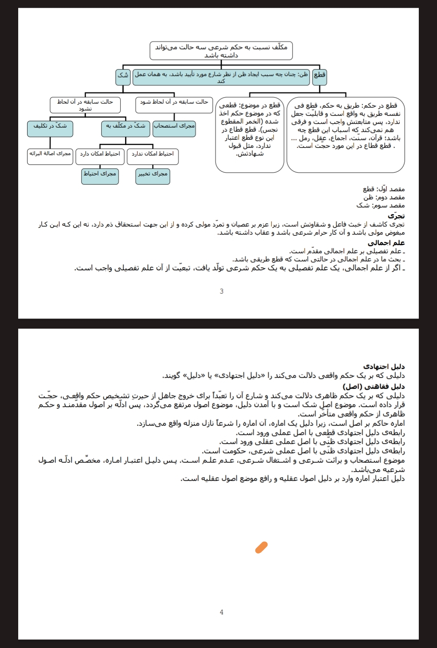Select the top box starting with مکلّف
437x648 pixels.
click(221, 51)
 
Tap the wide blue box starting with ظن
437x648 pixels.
click(221, 77)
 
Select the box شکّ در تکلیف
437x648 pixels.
click(50, 128)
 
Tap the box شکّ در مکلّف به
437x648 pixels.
click(125, 128)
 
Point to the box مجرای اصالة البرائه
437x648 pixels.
click(50, 156)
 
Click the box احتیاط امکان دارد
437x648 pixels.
click(100, 156)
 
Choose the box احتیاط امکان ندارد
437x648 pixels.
click(153, 156)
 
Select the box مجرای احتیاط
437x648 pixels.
click(100, 176)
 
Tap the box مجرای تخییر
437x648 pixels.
click(153, 176)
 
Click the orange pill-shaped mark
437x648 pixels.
click(261, 547)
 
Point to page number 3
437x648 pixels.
click(221, 291)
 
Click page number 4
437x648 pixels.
click(221, 612)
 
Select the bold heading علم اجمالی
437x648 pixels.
click(386, 243)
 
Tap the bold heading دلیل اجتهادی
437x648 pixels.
click(384, 367)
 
